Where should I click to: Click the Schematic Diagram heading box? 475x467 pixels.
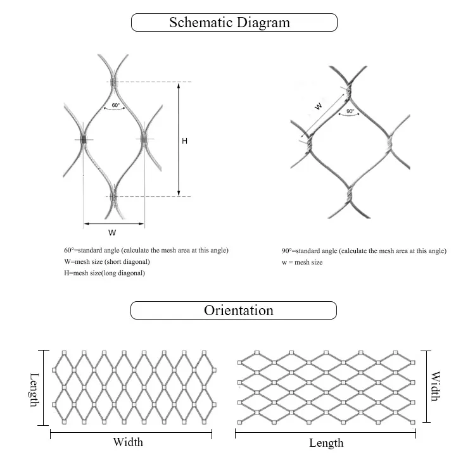click(x=234, y=23)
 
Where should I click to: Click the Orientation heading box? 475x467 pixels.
click(x=234, y=311)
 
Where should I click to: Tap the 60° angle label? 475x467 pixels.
click(x=115, y=105)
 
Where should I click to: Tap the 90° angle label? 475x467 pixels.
click(x=350, y=112)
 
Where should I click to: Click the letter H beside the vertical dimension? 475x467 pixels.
click(x=184, y=141)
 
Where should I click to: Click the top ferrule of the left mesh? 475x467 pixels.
click(x=113, y=82)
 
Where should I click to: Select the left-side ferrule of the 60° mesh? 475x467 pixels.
click(x=84, y=140)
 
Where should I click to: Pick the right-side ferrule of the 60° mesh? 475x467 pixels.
click(x=144, y=139)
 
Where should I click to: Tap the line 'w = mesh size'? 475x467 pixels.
click(x=302, y=262)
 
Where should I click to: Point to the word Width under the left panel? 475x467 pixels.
click(x=128, y=442)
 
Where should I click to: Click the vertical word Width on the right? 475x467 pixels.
click(x=435, y=386)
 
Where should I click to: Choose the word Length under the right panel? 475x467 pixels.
click(x=326, y=443)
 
